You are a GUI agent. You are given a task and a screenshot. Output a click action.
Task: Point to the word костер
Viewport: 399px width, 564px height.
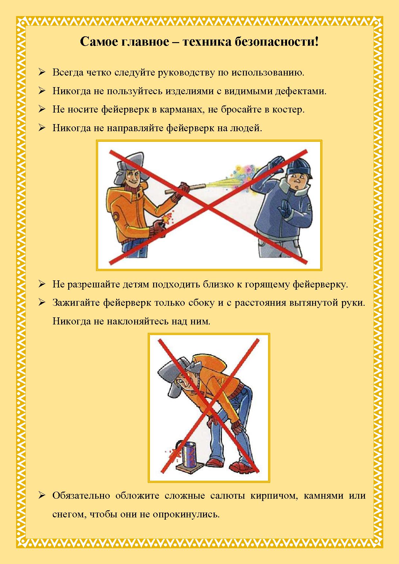pos(289,110)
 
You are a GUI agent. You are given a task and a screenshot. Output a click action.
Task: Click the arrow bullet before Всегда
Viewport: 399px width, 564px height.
pos(42,72)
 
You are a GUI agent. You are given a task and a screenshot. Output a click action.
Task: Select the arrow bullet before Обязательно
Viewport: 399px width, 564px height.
pos(42,495)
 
